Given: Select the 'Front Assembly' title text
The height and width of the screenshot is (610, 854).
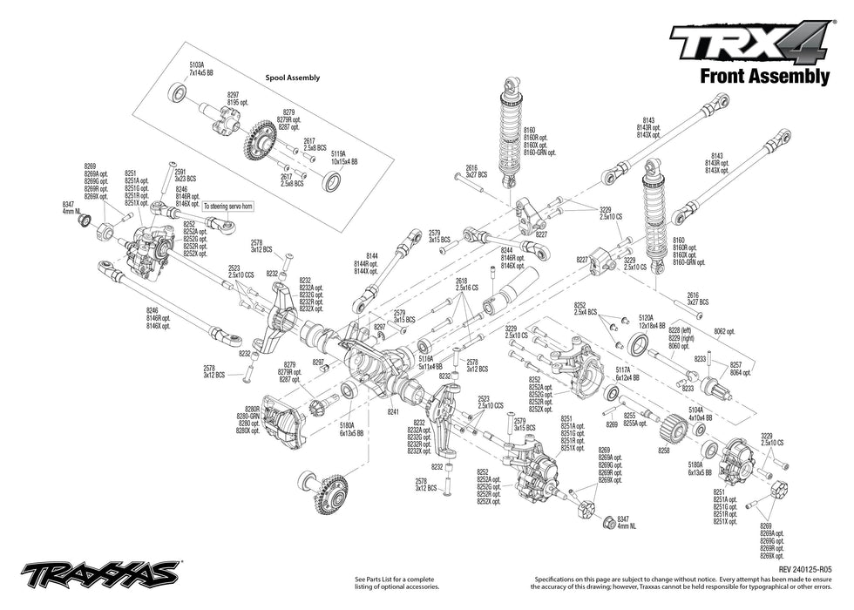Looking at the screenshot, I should pyautogui.click(x=764, y=77).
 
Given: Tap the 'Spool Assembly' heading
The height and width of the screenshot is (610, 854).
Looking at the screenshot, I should pyautogui.click(x=292, y=78).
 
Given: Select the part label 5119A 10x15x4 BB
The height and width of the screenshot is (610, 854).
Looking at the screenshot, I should pyautogui.click(x=342, y=159).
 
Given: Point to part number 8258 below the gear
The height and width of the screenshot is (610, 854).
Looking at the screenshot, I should pyautogui.click(x=664, y=451).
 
